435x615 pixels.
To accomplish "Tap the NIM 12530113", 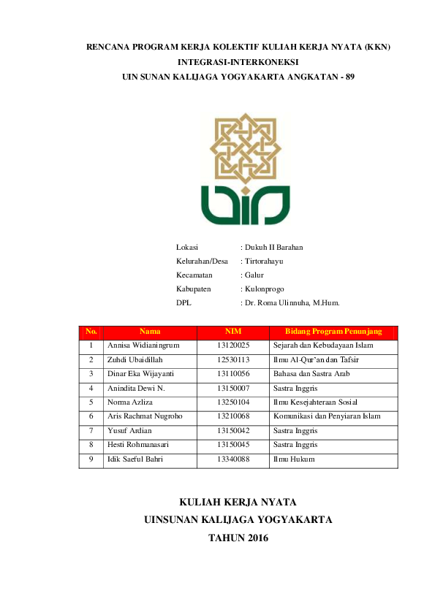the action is pos(233,359).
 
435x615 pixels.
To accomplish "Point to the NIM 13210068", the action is pos(233,416).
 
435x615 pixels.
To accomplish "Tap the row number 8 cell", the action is pos(91,444).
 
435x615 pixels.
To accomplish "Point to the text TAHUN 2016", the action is pos(238,538).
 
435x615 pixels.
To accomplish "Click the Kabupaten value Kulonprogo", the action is pos(265,289).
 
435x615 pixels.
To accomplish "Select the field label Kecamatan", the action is pos(194,275).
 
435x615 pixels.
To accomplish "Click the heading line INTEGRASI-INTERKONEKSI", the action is pos(238,61).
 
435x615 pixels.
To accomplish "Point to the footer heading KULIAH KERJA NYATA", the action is pos(238,501).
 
